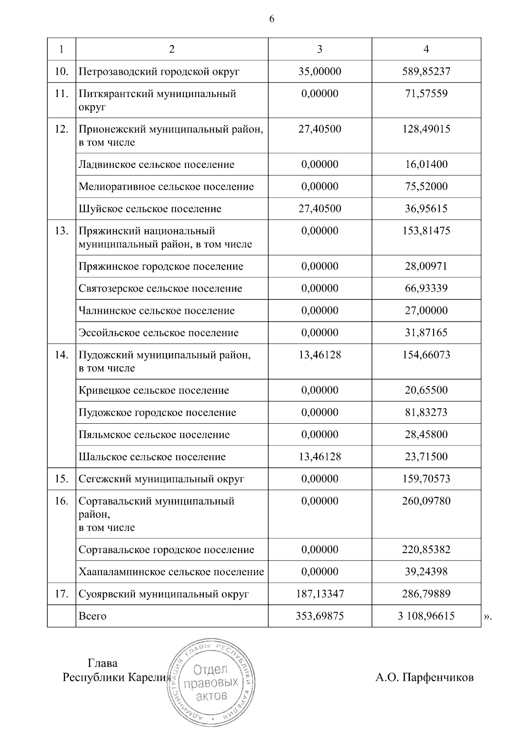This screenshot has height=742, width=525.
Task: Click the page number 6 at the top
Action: pyautogui.click(x=272, y=19)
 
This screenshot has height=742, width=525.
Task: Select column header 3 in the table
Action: pyautogui.click(x=319, y=49)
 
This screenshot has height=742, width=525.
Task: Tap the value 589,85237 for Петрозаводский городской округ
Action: pyautogui.click(x=426, y=71)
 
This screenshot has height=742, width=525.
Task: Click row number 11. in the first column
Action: pyautogui.click(x=61, y=94)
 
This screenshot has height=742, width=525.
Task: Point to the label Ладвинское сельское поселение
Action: pyautogui.click(x=156, y=164)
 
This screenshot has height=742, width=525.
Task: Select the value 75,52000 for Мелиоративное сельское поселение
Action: pyautogui.click(x=426, y=186)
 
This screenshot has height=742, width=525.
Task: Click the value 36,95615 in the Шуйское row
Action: pyautogui.click(x=426, y=209)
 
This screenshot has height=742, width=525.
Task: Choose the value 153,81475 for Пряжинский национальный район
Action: pyautogui.click(x=426, y=231)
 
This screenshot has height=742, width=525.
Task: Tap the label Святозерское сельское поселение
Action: pyautogui.click(x=160, y=289)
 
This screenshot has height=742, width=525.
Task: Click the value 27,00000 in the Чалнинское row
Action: pyautogui.click(x=426, y=310)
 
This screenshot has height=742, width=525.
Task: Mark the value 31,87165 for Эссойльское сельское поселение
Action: pyautogui.click(x=426, y=333)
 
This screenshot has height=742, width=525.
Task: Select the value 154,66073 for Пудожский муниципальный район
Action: pyautogui.click(x=426, y=355)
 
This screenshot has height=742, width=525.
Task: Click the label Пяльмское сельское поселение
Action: pyautogui.click(x=154, y=435)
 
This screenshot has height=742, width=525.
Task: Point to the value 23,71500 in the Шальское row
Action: pyautogui.click(x=426, y=457)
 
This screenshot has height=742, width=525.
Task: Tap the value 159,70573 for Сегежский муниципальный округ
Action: pyautogui.click(x=426, y=479)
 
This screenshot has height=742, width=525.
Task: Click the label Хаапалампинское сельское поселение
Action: pyautogui.click(x=171, y=572)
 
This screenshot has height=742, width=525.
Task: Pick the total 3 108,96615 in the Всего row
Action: pyautogui.click(x=426, y=616)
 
